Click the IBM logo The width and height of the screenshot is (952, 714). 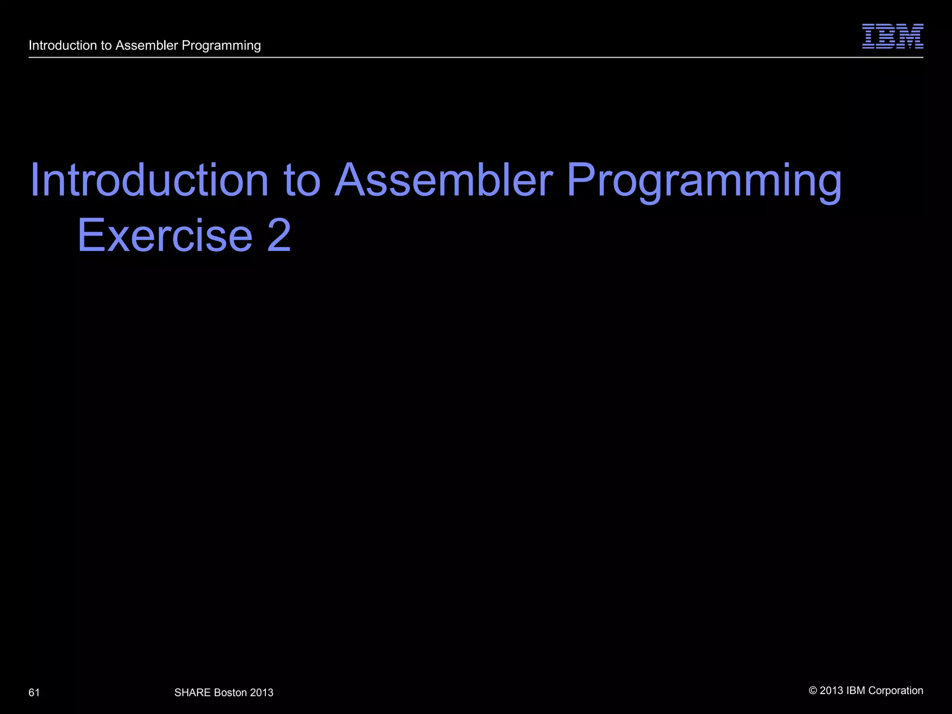892,36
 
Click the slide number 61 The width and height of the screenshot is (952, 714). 34,693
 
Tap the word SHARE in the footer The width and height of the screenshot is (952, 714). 192,693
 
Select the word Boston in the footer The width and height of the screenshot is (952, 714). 230,693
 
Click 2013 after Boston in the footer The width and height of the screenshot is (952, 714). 262,693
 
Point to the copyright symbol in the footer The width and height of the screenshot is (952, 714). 813,691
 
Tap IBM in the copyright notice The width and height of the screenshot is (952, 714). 856,691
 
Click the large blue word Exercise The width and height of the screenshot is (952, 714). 165,235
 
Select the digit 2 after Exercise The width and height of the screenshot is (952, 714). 279,235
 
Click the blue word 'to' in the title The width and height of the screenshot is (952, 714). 302,181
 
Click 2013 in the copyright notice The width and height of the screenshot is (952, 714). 832,691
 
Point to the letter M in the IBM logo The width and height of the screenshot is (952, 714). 911,36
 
